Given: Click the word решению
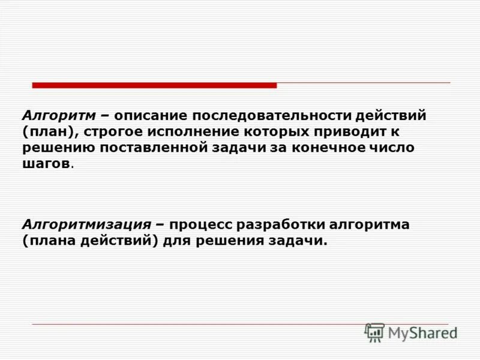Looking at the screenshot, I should (57, 148).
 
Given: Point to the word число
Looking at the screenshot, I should (394, 148).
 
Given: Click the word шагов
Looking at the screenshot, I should (46, 164).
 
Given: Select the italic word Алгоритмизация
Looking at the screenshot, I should (86, 225).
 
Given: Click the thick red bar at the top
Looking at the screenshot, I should (154, 85).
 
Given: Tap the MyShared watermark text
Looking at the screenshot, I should (422, 332).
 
